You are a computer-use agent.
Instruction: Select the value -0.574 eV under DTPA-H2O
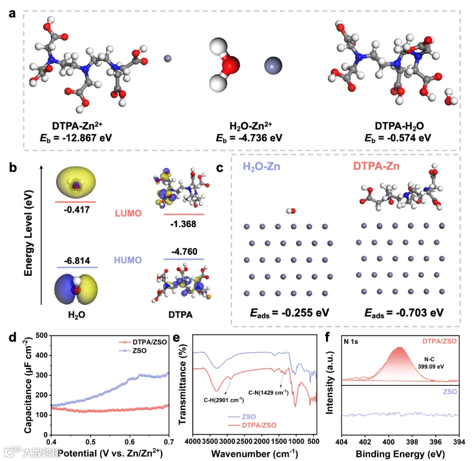pyautogui.click(x=398, y=138)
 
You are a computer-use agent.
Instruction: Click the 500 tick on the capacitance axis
pyautogui.click(x=41, y=336)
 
